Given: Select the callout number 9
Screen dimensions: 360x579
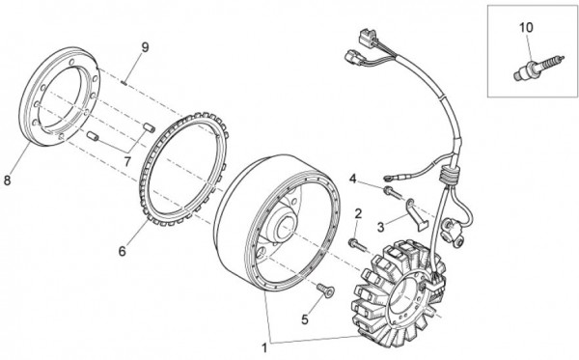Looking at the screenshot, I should click(145, 47).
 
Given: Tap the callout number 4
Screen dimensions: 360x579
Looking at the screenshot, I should click(353, 178).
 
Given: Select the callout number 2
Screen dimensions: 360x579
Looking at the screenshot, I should click(358, 212).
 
